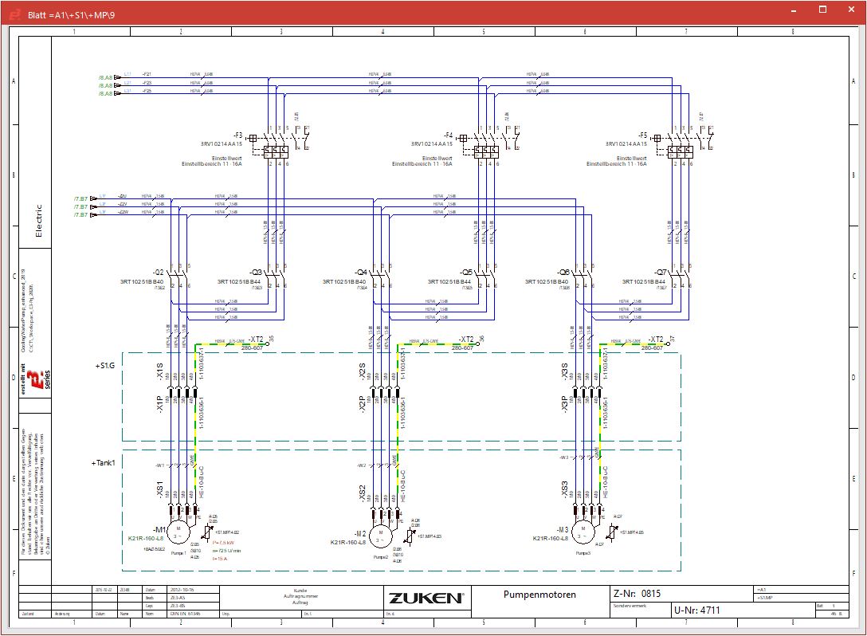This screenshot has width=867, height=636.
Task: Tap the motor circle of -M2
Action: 381,533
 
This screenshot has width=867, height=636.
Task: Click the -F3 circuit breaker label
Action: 237,135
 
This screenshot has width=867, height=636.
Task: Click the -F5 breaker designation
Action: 643,135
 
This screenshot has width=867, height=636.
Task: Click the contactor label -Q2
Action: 159,272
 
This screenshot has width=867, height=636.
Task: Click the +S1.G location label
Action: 104,365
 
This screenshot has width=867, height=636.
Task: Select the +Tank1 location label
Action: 104,462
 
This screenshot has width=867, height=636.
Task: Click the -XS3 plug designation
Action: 565,489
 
